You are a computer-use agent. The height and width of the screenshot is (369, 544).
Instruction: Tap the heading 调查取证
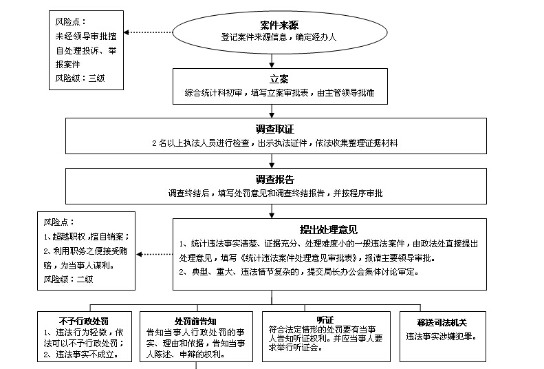(x=274, y=129)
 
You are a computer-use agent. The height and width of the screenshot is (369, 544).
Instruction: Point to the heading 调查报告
(x=274, y=179)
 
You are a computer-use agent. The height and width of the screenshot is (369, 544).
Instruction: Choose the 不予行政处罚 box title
(x=85, y=321)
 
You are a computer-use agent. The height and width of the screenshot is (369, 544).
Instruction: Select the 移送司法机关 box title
(x=446, y=321)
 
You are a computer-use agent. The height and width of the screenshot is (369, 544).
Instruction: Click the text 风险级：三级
(x=80, y=78)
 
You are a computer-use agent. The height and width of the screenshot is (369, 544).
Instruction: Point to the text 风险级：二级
(x=68, y=279)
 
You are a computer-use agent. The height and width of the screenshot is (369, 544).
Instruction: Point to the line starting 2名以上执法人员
(x=274, y=143)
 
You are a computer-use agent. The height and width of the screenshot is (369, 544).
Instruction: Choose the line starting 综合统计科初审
(x=279, y=92)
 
